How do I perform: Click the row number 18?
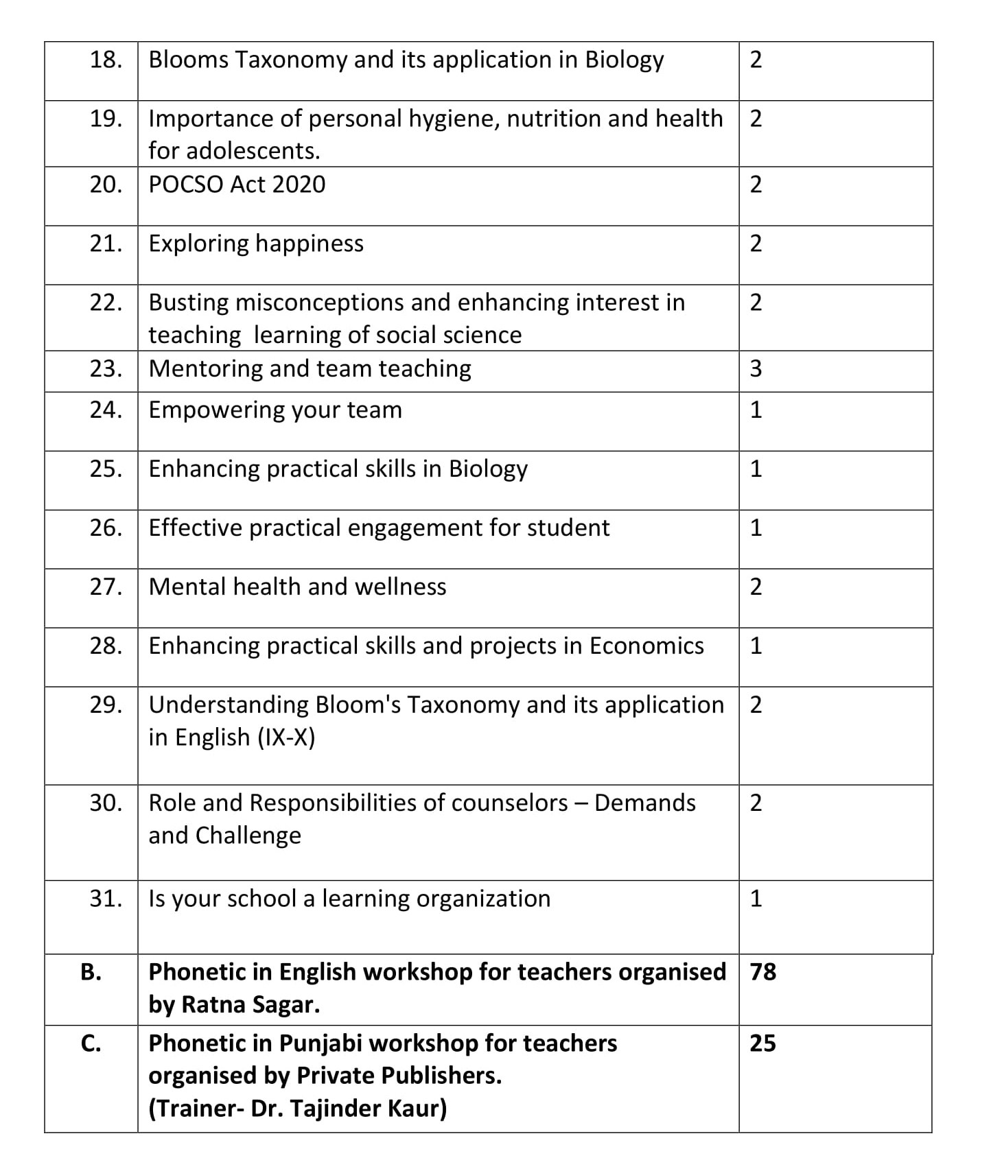pos(106,60)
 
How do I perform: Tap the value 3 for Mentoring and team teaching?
pos(756,369)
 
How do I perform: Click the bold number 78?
pos(762,972)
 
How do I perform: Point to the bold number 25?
pos(762,1043)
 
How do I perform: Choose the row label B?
pos(91,972)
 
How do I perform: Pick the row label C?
pos(91,1043)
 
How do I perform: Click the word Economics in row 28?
pos(646,646)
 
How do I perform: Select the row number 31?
pos(106,899)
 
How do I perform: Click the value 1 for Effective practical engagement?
pos(756,528)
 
